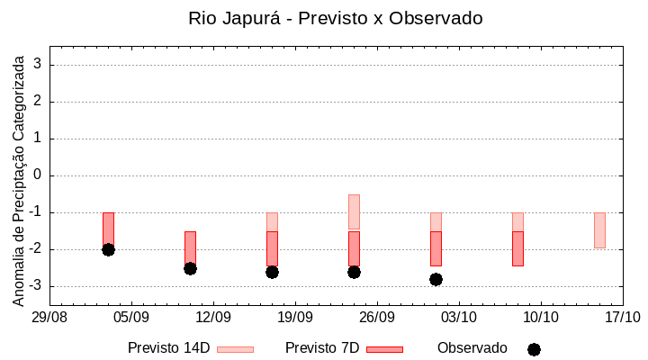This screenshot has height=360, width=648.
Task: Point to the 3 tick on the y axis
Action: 39,65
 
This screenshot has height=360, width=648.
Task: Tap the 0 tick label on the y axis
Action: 39,175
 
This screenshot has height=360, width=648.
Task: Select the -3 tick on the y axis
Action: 36,286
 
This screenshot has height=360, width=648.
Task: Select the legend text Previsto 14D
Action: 168,348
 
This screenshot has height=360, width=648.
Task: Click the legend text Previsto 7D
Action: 322,348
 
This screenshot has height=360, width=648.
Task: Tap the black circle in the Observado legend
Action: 534,349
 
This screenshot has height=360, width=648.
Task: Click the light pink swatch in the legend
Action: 235,349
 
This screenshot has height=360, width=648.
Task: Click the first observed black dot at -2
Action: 108,249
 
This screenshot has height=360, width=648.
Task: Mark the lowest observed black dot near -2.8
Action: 436,279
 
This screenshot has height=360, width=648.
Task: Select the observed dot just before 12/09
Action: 190,268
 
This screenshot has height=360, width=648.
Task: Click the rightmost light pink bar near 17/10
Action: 599,230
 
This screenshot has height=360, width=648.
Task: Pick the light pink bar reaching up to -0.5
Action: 354,211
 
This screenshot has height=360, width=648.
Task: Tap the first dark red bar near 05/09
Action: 108,229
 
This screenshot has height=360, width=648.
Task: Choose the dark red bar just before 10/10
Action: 517,248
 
